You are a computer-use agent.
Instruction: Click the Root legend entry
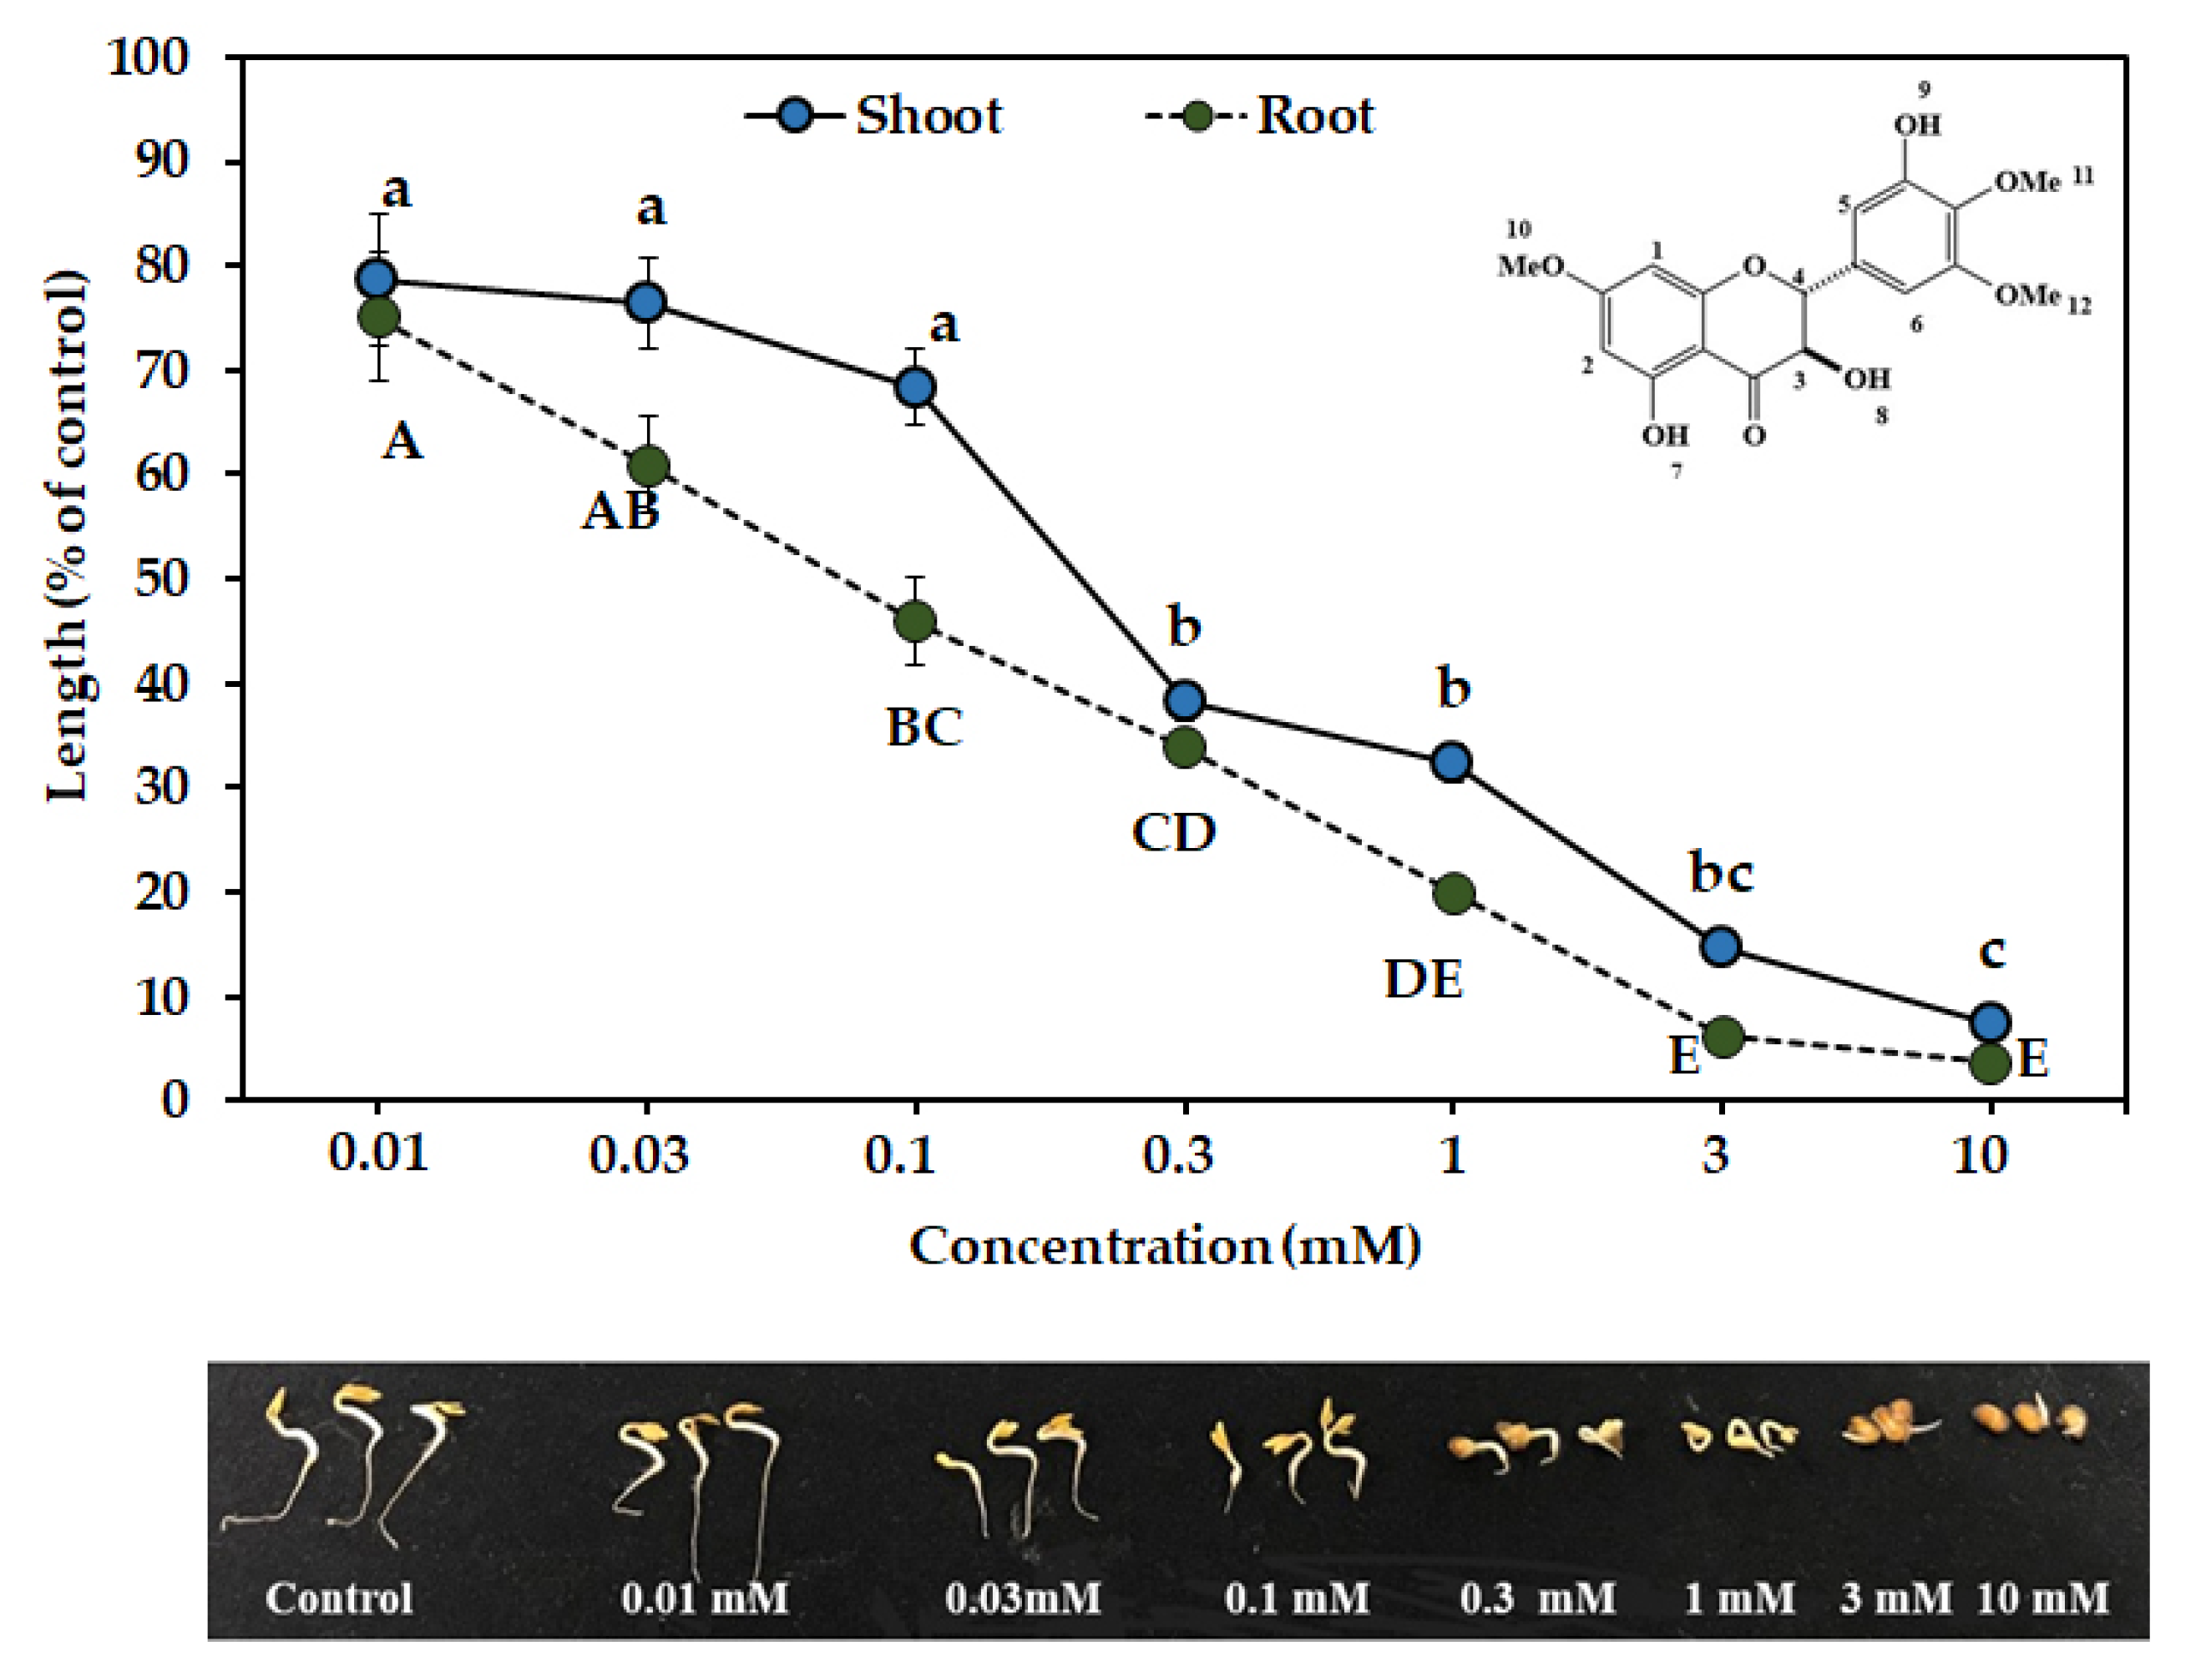[1262, 116]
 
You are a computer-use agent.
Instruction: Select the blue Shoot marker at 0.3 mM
[1184, 701]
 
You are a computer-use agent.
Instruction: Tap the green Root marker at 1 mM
[1454, 893]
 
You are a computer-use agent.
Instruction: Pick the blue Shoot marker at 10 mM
[1990, 1022]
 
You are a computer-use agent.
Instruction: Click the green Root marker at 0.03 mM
[648, 466]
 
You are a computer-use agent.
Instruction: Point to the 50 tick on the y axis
[161, 579]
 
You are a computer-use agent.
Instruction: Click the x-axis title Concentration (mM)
[1164, 1246]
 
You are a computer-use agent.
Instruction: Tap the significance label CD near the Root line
[1174, 832]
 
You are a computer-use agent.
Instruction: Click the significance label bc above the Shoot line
[1722, 873]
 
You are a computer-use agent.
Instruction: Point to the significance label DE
[1424, 981]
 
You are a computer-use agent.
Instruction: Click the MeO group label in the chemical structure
[1531, 266]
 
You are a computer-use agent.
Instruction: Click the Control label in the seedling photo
[338, 1598]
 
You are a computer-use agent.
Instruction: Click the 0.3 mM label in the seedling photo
[1537, 1598]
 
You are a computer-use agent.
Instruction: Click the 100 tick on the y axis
[149, 58]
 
